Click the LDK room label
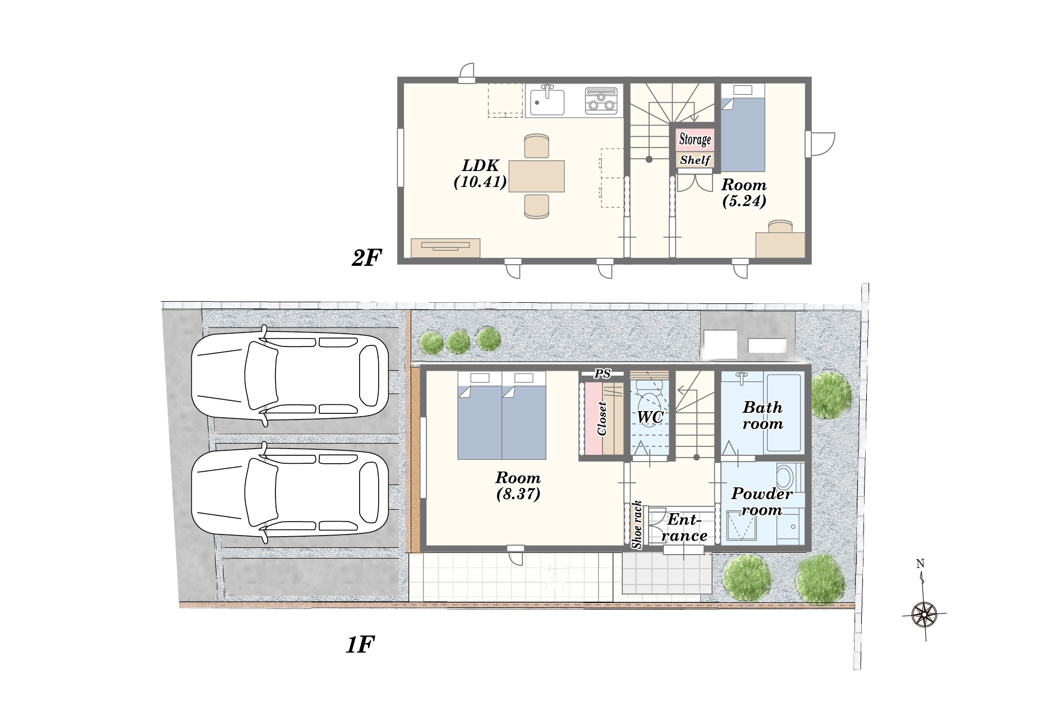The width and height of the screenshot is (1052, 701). (480, 173)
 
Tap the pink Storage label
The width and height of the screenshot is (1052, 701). (695, 139)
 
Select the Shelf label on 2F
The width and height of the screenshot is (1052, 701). (695, 160)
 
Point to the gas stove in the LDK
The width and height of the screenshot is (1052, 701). (601, 100)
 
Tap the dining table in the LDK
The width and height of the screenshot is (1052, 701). (536, 176)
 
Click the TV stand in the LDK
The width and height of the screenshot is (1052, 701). (445, 248)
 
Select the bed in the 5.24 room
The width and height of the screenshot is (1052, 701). (743, 128)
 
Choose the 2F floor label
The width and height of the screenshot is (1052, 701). (366, 258)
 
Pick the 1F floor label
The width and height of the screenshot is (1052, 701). (360, 645)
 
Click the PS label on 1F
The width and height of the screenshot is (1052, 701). (602, 373)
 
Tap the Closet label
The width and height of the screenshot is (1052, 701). (602, 418)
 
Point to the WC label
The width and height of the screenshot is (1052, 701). (650, 417)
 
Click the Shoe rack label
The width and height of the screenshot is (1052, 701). (637, 524)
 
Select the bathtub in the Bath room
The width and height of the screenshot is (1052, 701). (783, 413)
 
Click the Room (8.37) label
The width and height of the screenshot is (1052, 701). (518, 486)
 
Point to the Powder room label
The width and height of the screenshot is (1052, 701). (762, 501)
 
